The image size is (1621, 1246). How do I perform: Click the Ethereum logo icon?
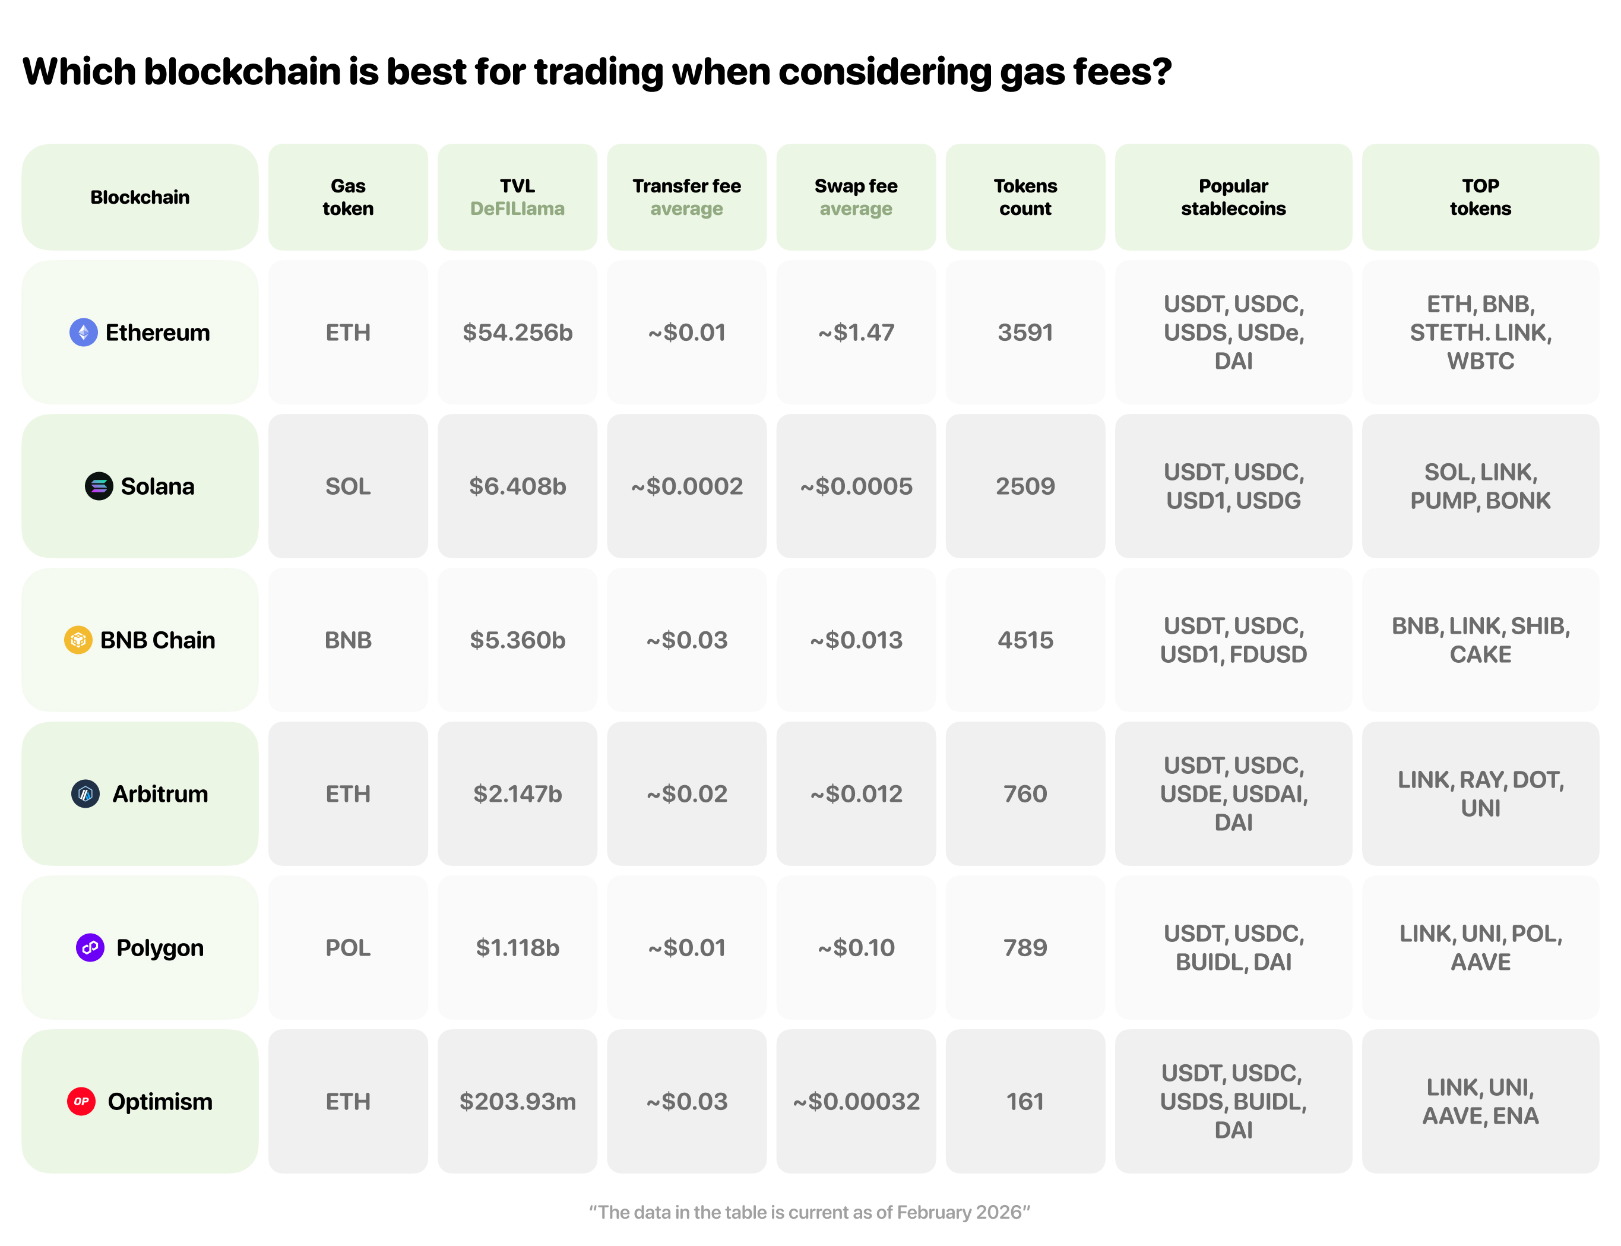click(x=83, y=332)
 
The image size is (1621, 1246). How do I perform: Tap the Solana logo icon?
click(x=99, y=486)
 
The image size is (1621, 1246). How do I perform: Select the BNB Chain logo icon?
click(x=78, y=640)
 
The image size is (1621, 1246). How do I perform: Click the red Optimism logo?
click(x=81, y=1101)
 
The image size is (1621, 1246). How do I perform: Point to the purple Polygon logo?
click(x=90, y=948)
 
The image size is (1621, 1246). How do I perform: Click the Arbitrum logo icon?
click(x=86, y=793)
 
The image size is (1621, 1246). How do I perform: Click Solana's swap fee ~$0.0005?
click(x=856, y=486)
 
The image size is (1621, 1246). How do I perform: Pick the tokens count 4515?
click(x=1025, y=640)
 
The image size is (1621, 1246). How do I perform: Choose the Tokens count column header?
click(x=1025, y=197)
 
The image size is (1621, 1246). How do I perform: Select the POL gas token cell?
click(x=348, y=948)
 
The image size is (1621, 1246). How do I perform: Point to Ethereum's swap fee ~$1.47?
click(x=856, y=332)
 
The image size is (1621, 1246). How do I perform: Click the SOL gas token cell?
click(x=348, y=486)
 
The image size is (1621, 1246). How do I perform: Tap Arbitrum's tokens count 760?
click(x=1025, y=793)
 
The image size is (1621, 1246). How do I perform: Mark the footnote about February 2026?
click(x=809, y=1212)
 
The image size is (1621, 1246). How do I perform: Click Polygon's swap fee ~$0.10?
click(x=856, y=948)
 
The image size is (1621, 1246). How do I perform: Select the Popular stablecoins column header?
click(x=1233, y=197)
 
